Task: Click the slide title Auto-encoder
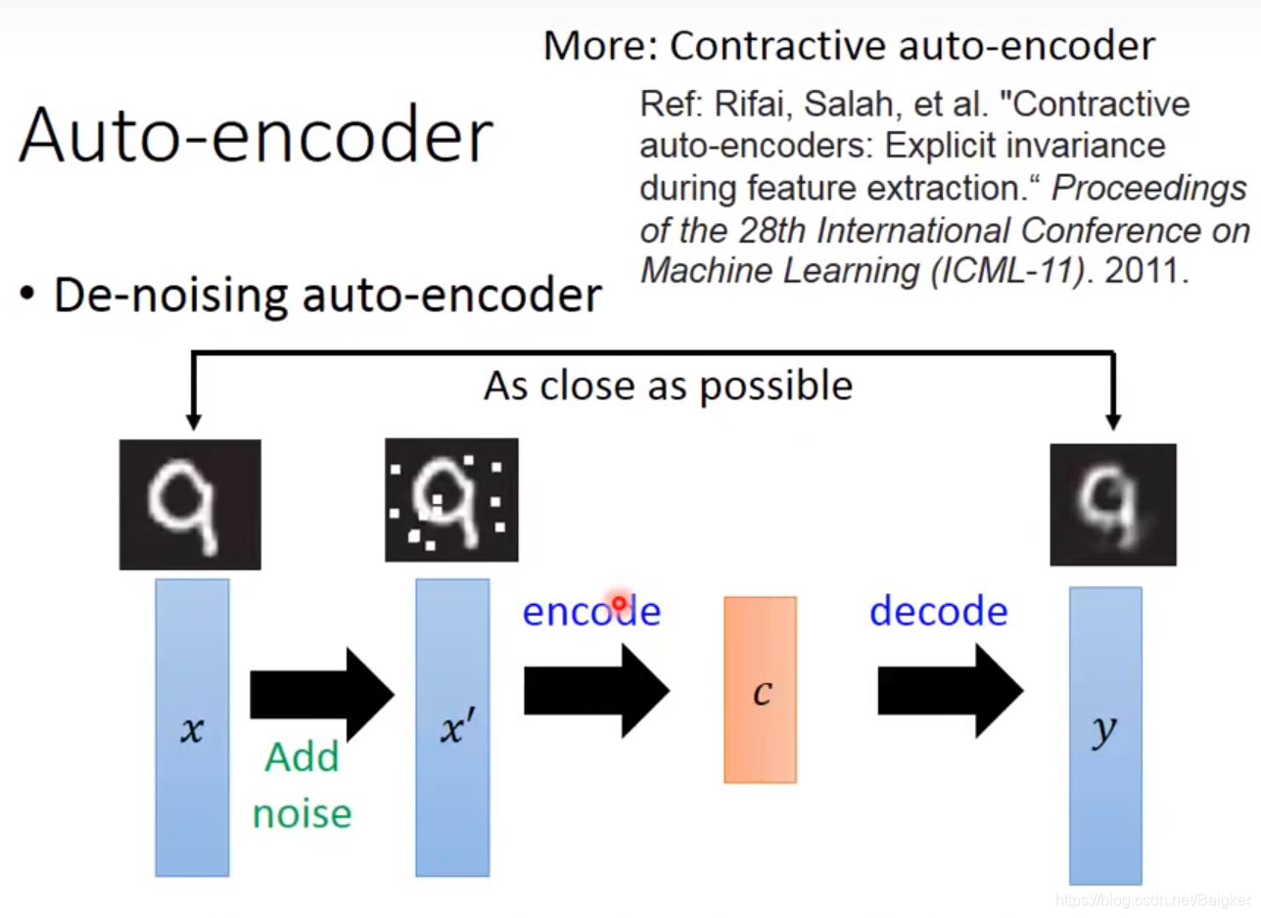click(255, 136)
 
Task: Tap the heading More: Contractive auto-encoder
click(849, 45)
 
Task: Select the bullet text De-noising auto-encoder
click(327, 294)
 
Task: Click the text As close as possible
click(668, 386)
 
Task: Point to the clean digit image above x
click(190, 504)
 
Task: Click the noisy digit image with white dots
click(451, 499)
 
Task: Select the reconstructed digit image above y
click(1113, 504)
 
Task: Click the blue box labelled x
click(192, 727)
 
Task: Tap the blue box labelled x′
click(451, 727)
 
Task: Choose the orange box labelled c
click(761, 690)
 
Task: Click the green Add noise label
click(302, 785)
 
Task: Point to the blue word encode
click(591, 611)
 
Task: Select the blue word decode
click(938, 611)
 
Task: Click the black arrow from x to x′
click(321, 694)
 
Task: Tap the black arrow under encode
click(595, 691)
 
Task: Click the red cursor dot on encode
click(619, 603)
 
